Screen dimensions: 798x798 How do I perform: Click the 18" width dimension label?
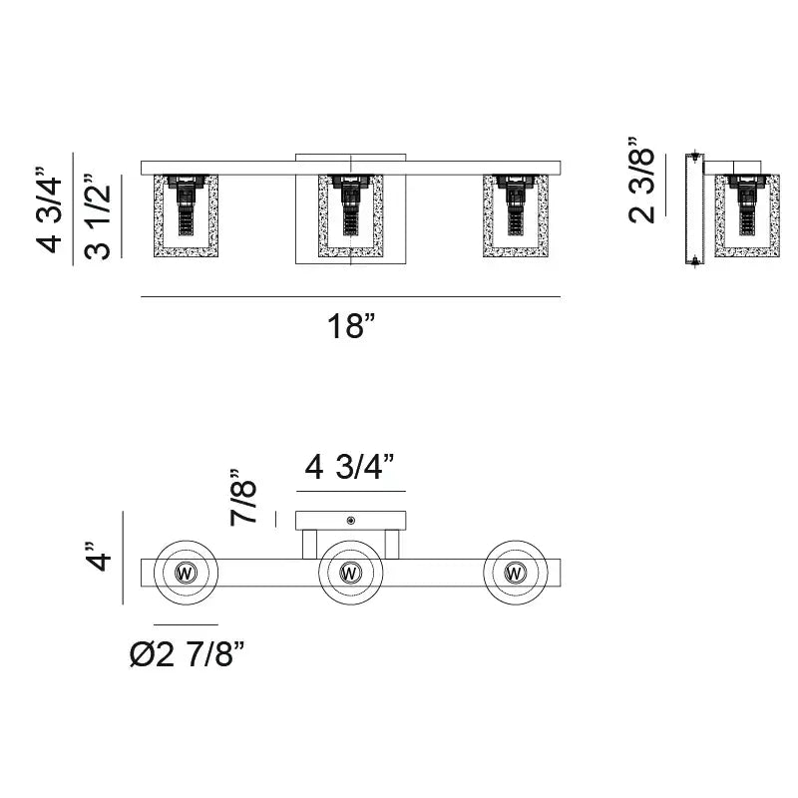[x=351, y=326]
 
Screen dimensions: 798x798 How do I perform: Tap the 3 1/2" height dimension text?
[x=97, y=216]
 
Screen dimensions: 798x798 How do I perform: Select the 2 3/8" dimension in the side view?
[x=640, y=181]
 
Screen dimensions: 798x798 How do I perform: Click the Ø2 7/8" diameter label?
[x=187, y=654]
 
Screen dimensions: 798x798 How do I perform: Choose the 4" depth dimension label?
[x=97, y=557]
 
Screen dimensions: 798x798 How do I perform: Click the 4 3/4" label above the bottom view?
[x=349, y=467]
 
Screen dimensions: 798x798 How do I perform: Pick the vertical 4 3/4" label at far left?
[x=48, y=209]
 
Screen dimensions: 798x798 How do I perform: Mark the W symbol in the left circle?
[x=186, y=573]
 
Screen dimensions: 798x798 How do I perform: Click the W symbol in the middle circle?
[x=350, y=573]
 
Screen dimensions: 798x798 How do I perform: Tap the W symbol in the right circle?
[x=515, y=573]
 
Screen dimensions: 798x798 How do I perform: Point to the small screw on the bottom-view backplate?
[x=351, y=520]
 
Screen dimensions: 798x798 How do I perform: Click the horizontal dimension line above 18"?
[x=351, y=296]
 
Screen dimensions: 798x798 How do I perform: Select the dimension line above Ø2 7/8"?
[x=186, y=624]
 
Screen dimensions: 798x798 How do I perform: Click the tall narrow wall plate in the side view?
[x=694, y=209]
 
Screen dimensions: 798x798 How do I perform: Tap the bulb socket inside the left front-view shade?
[x=186, y=204]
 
